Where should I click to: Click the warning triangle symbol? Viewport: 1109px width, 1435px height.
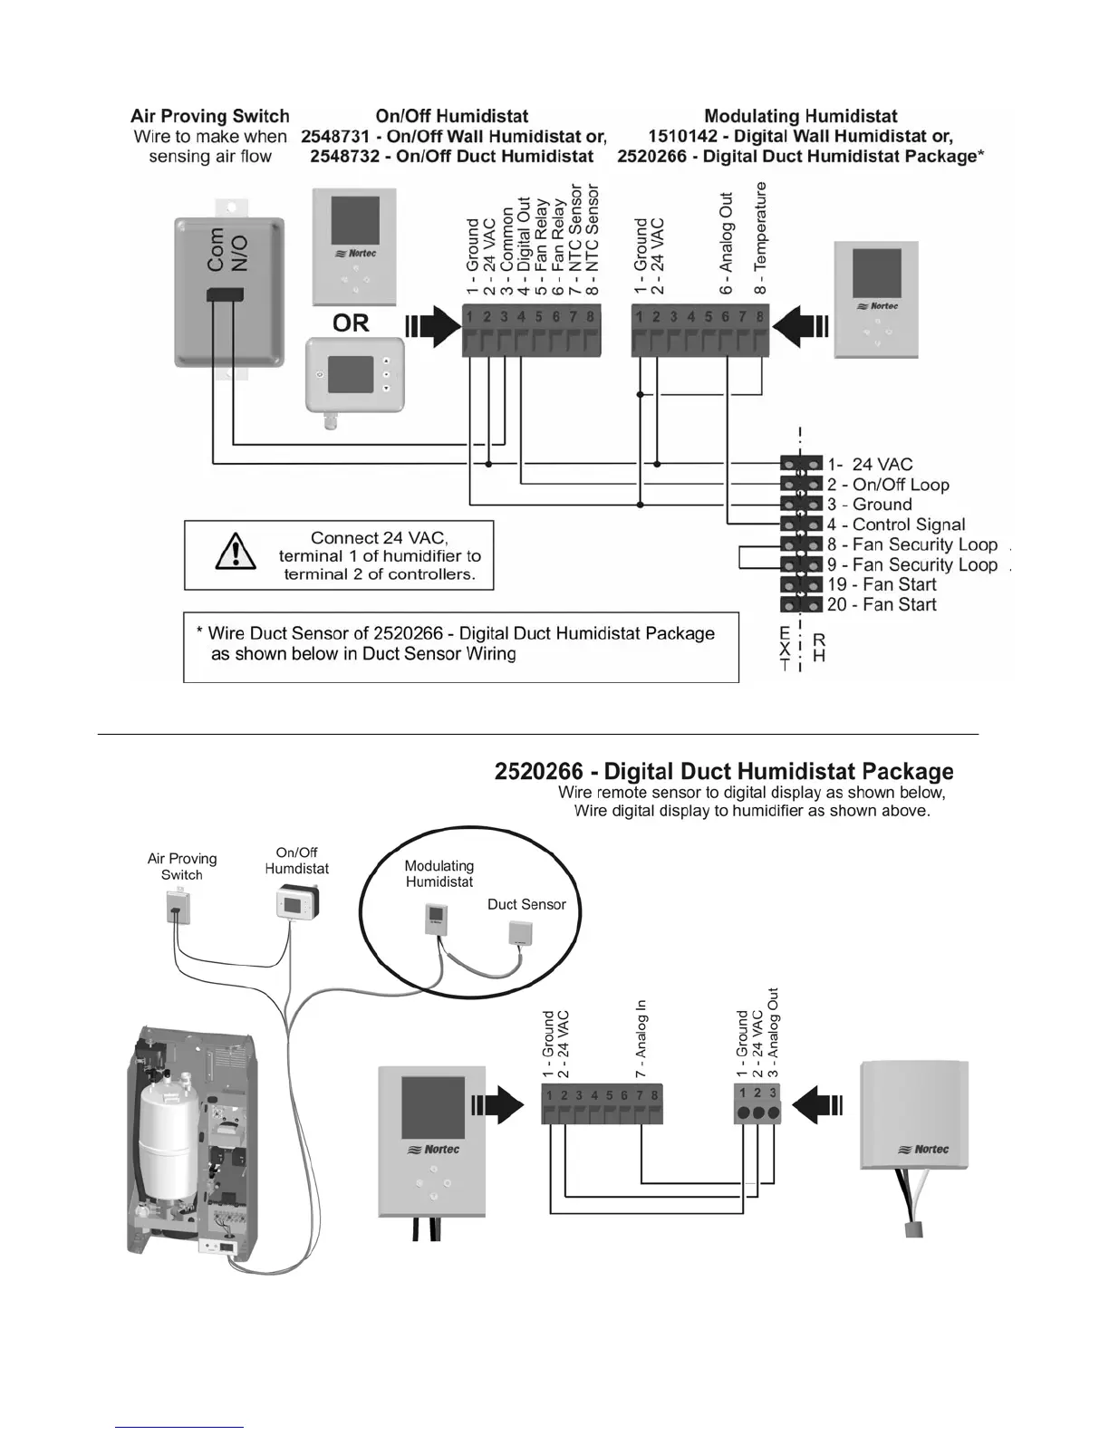click(235, 552)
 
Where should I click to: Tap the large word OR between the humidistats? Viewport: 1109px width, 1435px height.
click(351, 323)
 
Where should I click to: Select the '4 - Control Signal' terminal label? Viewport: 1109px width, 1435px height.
click(896, 525)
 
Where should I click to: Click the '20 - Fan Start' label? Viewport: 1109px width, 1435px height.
click(882, 604)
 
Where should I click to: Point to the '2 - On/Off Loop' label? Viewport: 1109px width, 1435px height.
click(888, 485)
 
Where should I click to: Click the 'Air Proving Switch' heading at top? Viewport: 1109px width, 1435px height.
click(210, 116)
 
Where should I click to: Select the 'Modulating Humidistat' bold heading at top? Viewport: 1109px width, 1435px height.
click(801, 116)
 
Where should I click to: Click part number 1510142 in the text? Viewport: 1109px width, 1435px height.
click(689, 137)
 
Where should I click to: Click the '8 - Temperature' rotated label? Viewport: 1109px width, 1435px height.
click(760, 237)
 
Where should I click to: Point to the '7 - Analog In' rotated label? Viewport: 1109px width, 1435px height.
click(641, 1038)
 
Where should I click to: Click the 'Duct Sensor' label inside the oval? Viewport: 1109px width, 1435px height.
click(526, 904)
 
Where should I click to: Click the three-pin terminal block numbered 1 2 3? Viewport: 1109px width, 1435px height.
click(757, 1104)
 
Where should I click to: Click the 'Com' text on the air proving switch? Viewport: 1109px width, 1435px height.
click(217, 248)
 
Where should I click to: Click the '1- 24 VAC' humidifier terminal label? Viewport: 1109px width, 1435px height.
click(870, 465)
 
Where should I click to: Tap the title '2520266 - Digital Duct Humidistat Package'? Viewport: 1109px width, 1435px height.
click(724, 772)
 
